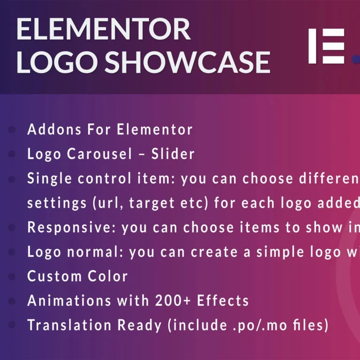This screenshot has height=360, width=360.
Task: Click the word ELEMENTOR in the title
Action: tap(103, 30)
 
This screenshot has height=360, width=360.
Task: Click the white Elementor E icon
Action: tap(326, 46)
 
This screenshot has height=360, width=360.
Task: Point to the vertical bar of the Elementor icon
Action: tap(312, 46)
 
